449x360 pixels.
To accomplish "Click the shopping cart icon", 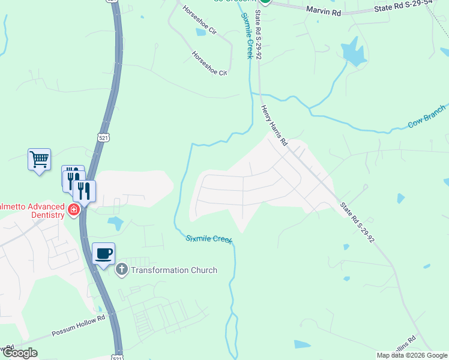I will (39, 160).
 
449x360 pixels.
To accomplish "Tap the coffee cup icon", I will (103, 253).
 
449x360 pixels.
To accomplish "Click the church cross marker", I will (122, 269).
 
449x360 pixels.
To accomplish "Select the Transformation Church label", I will (173, 270).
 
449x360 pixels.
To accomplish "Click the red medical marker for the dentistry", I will (74, 210).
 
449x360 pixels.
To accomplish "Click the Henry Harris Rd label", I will (274, 127).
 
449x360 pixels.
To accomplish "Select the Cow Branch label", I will (427, 116).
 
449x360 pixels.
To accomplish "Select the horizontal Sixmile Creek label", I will (208, 239).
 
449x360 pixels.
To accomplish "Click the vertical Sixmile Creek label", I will (246, 35).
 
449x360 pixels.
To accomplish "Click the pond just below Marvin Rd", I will (354, 52).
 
